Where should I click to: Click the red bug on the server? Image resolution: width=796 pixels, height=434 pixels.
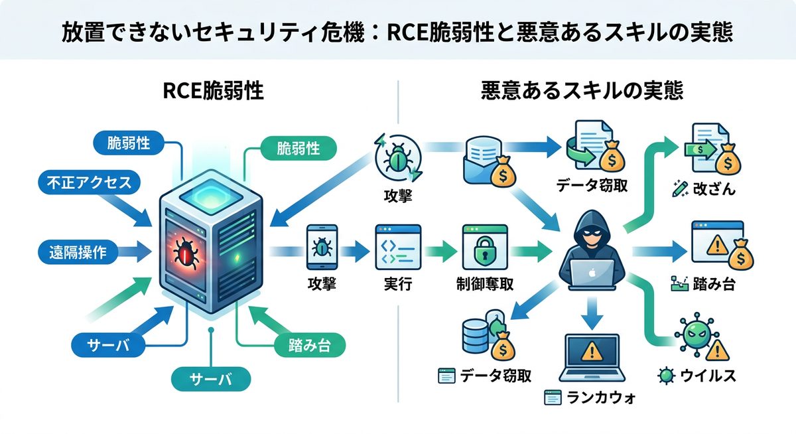185,253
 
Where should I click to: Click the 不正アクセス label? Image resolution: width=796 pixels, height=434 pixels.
90,183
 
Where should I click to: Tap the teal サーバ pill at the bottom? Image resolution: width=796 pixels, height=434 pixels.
211,379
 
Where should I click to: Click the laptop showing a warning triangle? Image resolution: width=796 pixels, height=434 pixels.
589,356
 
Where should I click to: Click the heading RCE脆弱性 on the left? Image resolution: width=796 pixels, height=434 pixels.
213,91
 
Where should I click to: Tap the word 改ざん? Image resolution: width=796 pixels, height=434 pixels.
712,189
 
